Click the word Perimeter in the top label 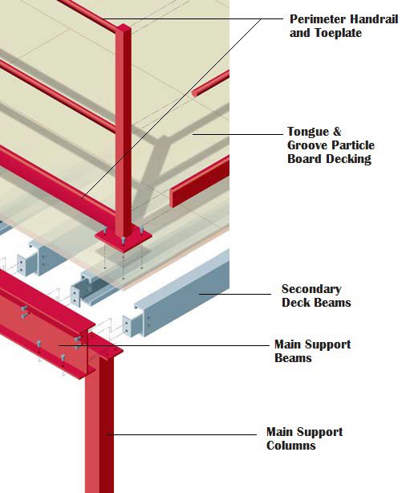coord(318,19)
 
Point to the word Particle coord(353,145)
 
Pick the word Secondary coord(311,288)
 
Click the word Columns coord(291,445)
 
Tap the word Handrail coord(375,19)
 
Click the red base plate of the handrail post coord(124,239)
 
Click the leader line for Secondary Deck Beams coord(235,294)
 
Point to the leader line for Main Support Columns coord(181,434)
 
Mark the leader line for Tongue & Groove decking coord(238,134)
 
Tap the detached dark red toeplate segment coord(199,181)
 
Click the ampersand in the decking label coord(337,132)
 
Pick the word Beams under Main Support coord(293,358)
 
